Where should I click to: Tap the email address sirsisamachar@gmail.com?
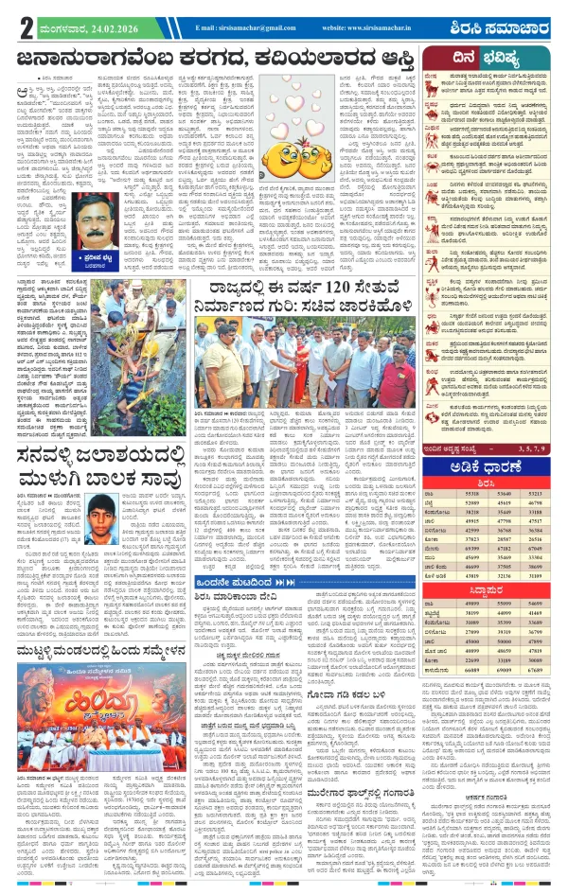pos(252,28)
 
